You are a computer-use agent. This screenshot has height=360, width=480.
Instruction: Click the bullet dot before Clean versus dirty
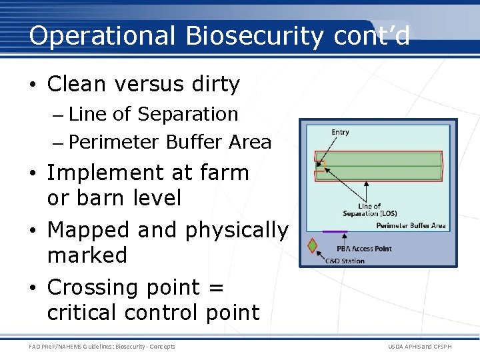35,85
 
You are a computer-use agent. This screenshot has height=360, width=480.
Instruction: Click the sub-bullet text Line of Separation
153,114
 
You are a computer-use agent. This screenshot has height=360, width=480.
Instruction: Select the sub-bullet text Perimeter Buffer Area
169,142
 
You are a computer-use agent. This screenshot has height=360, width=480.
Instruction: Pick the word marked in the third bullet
87,255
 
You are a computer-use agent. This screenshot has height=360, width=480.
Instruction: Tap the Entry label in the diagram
340,132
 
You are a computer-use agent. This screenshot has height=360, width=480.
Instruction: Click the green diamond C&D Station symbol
311,246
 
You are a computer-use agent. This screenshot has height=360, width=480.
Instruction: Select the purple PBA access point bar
335,231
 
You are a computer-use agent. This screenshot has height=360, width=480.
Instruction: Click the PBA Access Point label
363,249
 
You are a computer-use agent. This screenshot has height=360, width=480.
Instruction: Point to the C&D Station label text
345,261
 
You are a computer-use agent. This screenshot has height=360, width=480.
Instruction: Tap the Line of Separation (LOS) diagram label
370,210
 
